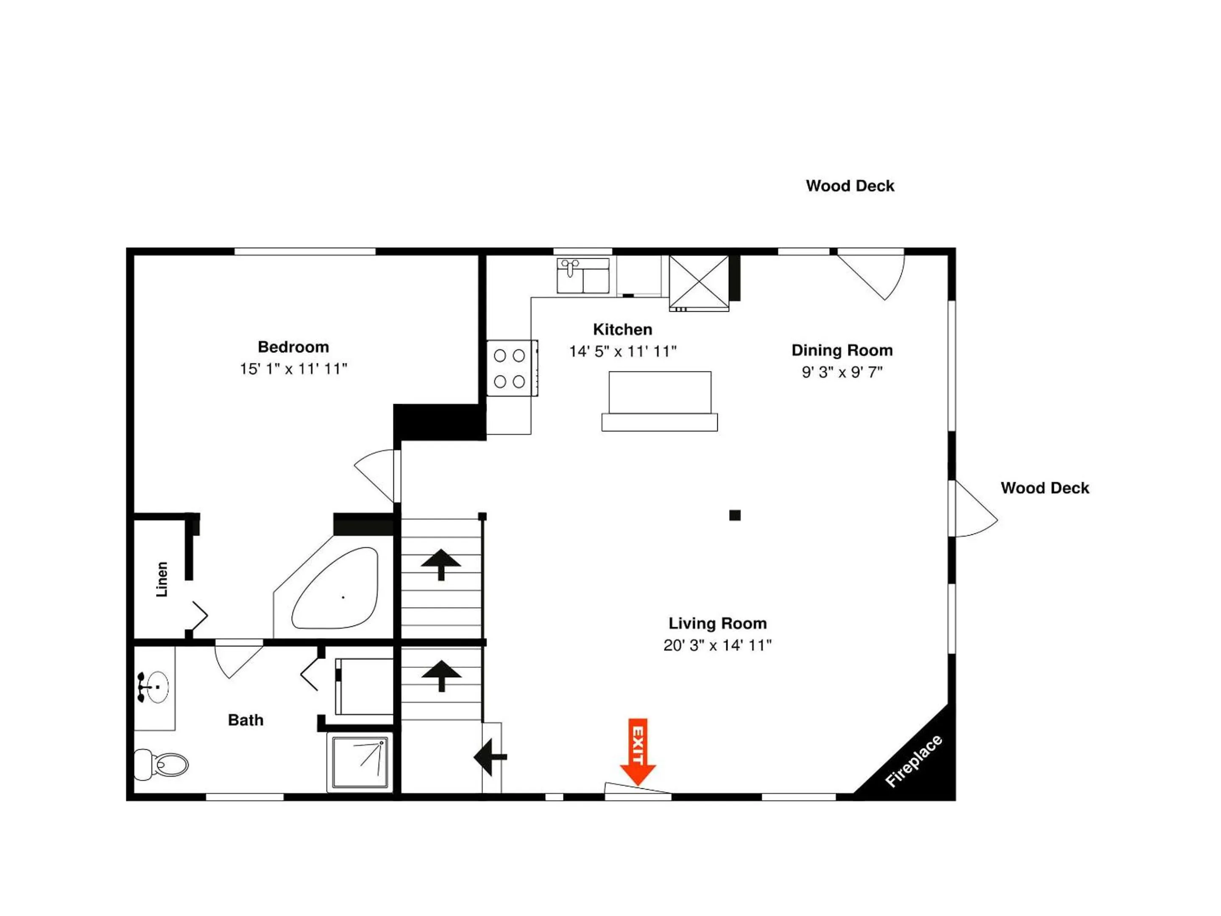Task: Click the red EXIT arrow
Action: point(638,751)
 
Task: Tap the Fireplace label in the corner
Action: point(914,761)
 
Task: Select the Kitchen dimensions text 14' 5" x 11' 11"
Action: point(623,352)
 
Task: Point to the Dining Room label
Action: point(842,350)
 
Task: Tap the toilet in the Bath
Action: point(161,764)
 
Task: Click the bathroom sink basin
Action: point(157,687)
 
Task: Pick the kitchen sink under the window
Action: point(583,276)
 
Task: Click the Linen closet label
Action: point(162,579)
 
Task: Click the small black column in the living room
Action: point(735,515)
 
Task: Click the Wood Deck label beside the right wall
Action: point(1045,488)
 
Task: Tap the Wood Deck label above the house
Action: point(850,186)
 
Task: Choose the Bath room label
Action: point(245,720)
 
